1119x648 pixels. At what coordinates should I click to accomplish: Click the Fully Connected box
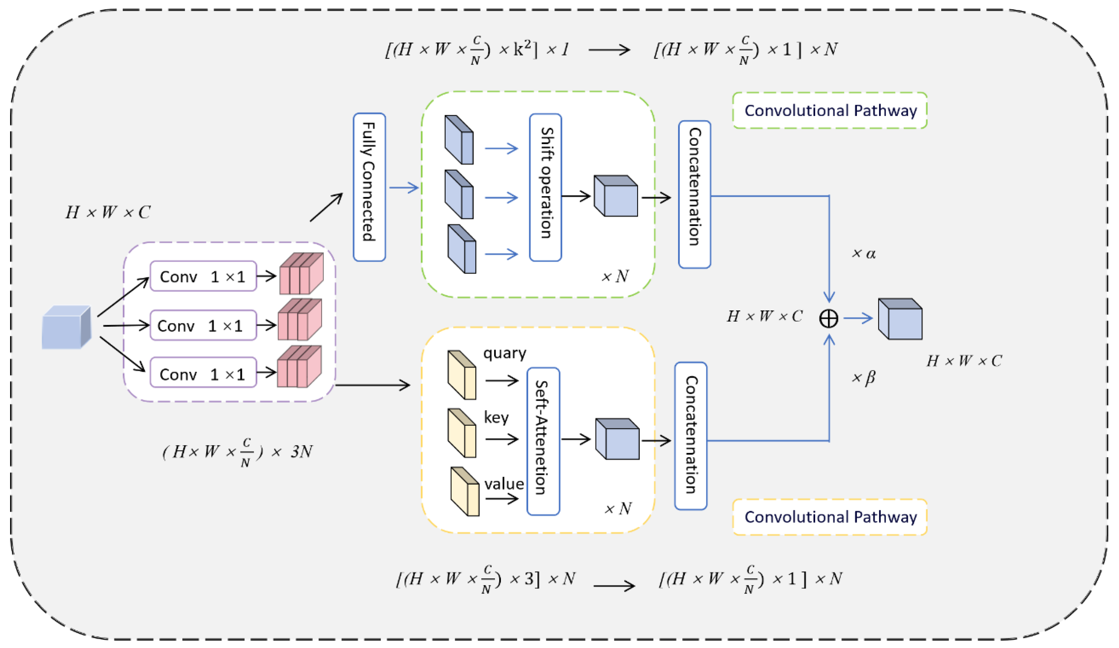369,187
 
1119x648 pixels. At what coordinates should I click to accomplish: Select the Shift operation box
545,187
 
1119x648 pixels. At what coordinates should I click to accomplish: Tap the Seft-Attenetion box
543,441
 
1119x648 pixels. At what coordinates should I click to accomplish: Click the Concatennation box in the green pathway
695,194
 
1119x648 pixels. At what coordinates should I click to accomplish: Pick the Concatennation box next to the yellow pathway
690,436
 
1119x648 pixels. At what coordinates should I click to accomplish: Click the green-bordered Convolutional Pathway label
829,110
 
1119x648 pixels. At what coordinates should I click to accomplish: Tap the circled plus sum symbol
829,318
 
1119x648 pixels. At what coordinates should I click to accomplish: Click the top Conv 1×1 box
203,276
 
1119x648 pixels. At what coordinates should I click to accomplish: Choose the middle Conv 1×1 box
203,325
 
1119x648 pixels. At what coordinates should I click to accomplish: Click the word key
496,417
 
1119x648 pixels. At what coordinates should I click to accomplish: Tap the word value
504,484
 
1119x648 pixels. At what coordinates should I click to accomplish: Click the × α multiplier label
863,253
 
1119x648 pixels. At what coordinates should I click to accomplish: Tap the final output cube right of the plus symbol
899,319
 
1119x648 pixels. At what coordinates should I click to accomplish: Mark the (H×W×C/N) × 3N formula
237,452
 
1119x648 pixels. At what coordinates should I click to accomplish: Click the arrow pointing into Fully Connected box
326,207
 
